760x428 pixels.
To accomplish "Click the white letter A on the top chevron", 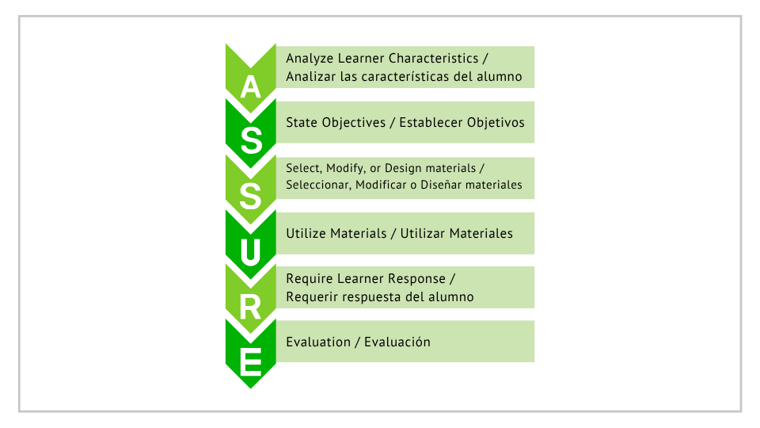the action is click(x=251, y=87).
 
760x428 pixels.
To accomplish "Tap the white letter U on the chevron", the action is click(x=251, y=252).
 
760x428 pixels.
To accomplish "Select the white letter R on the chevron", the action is click(x=251, y=308).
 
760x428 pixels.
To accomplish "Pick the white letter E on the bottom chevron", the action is click(x=251, y=362).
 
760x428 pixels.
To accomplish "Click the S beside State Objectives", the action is click(x=251, y=141).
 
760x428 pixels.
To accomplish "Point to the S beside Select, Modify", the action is click(x=251, y=196).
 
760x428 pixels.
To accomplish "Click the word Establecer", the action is click(x=431, y=122).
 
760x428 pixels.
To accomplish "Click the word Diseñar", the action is click(x=438, y=185).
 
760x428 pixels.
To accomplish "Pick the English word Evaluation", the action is click(x=318, y=342).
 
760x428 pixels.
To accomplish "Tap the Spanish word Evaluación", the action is click(x=397, y=342).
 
